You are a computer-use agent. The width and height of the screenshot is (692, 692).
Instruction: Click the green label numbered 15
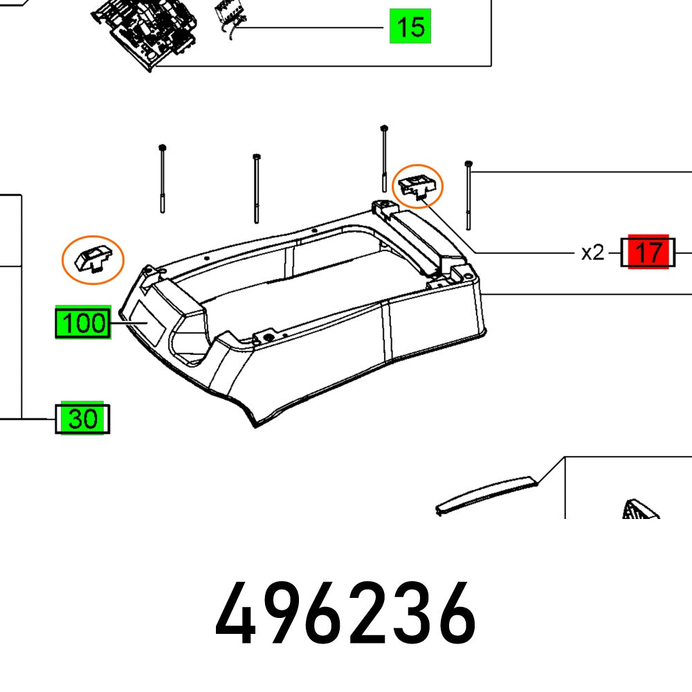point(410,27)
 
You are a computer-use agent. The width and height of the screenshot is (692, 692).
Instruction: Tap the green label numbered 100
point(82,323)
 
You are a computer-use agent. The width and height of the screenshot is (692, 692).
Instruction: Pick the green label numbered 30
point(82,419)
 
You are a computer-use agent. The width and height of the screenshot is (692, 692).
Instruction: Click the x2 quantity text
point(592,253)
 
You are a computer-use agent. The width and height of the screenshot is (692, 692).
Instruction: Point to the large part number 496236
point(345,613)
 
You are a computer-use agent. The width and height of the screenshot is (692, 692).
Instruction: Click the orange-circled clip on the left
point(93,259)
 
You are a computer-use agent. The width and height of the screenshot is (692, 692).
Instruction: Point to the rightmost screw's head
point(469,163)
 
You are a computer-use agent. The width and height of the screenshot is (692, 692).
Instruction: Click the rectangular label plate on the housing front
point(149,323)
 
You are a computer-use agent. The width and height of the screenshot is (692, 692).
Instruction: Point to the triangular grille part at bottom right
point(640,511)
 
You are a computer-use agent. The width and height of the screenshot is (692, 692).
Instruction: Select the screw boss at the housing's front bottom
point(264,337)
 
